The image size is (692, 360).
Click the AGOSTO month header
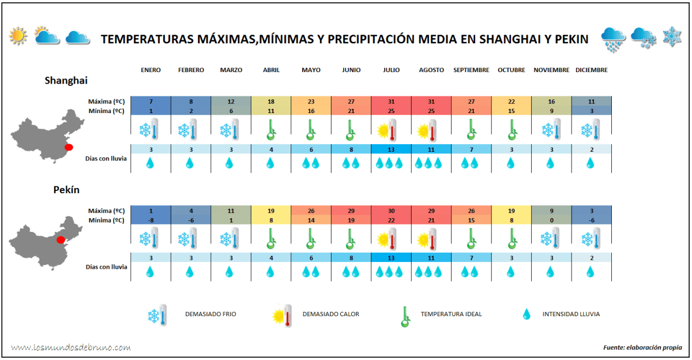[x=431, y=70]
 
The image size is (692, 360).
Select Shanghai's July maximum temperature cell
[x=391, y=102]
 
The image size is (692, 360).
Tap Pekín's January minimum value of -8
[x=151, y=220]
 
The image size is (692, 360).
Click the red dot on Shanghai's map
[x=69, y=147]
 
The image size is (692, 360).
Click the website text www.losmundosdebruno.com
[x=71, y=347]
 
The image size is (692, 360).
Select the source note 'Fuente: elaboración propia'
[x=642, y=347]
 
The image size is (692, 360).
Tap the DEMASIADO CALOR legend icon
[x=282, y=315]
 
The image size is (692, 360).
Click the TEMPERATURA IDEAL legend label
[x=451, y=314]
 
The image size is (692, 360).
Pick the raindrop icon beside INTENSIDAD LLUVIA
[x=526, y=314]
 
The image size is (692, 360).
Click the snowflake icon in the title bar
[x=672, y=37]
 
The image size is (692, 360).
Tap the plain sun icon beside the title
[x=18, y=37]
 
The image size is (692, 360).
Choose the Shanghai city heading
[x=66, y=81]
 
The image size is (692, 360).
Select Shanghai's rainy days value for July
[x=391, y=149]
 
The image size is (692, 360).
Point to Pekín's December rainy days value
[x=591, y=257]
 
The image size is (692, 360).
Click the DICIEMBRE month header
[x=591, y=70]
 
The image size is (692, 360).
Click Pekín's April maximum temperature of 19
[x=271, y=211]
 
